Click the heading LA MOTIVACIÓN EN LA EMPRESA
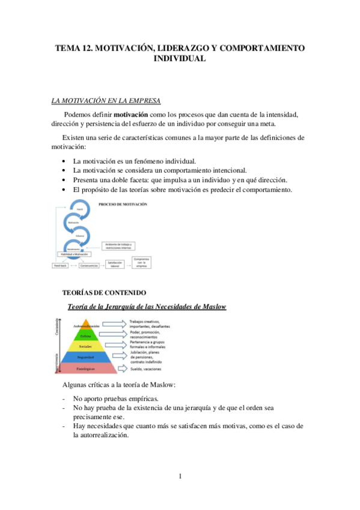pos(105,100)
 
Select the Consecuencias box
pos(88,263)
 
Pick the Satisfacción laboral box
pos(118,263)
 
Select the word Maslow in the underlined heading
pos(212,307)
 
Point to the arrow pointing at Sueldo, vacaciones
pos(121,368)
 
